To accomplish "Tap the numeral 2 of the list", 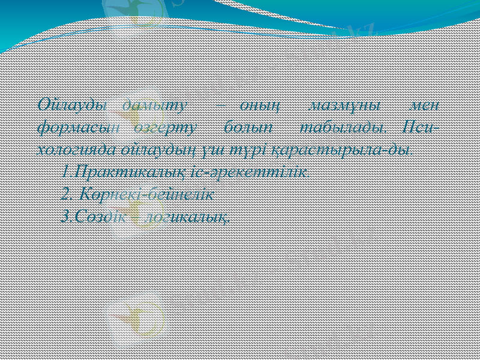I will tap(65, 194).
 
